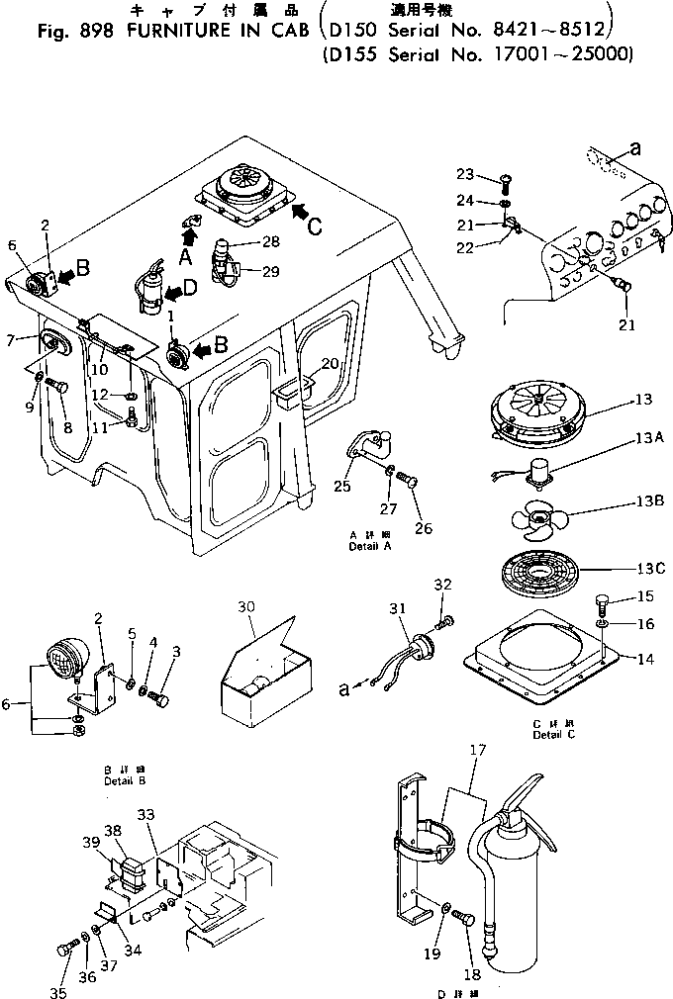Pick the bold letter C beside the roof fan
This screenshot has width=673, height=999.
[315, 225]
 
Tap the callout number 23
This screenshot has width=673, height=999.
[465, 174]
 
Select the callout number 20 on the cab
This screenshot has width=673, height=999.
[329, 363]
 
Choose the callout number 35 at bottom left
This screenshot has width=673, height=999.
[58, 992]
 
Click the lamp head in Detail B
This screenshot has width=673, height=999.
[63, 660]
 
